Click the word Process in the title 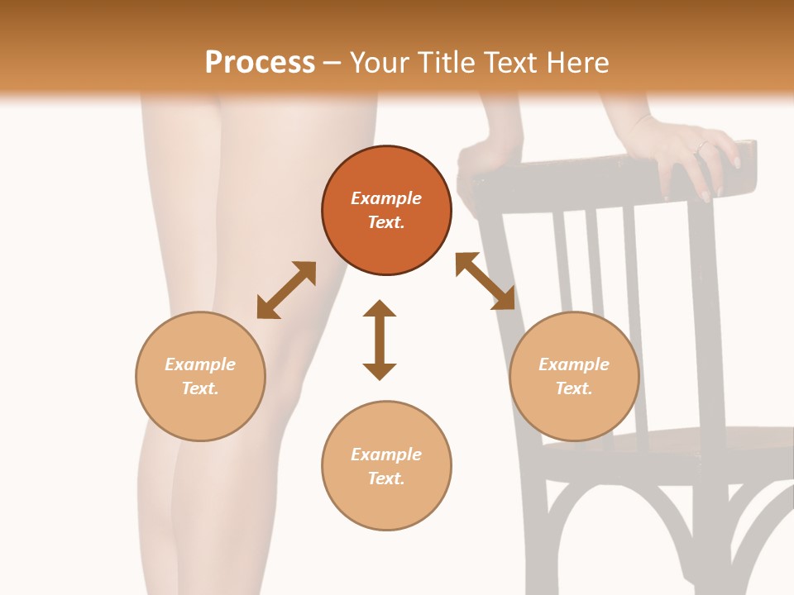click(260, 63)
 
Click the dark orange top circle click(386, 211)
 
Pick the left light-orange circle click(200, 377)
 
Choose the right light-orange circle click(574, 377)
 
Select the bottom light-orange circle click(386, 465)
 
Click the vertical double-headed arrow click(380, 340)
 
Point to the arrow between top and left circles click(287, 290)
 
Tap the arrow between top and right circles click(485, 281)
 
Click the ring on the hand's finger click(702, 146)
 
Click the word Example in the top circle click(386, 198)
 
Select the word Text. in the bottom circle click(386, 478)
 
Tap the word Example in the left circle click(200, 364)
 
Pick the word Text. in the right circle click(574, 388)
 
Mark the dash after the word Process click(332, 64)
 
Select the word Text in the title click(509, 62)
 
